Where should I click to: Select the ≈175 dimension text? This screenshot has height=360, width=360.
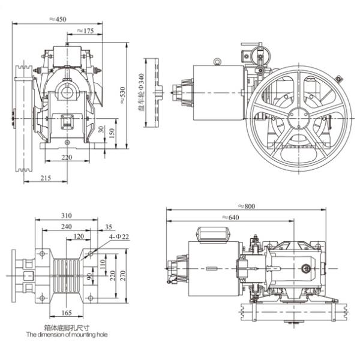tap(85, 30)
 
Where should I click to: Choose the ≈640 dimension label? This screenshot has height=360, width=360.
tap(231, 217)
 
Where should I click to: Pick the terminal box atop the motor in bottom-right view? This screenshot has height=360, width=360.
tap(215, 232)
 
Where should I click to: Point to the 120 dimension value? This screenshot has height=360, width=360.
tap(78, 236)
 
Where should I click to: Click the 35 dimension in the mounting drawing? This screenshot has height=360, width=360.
tap(108, 227)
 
